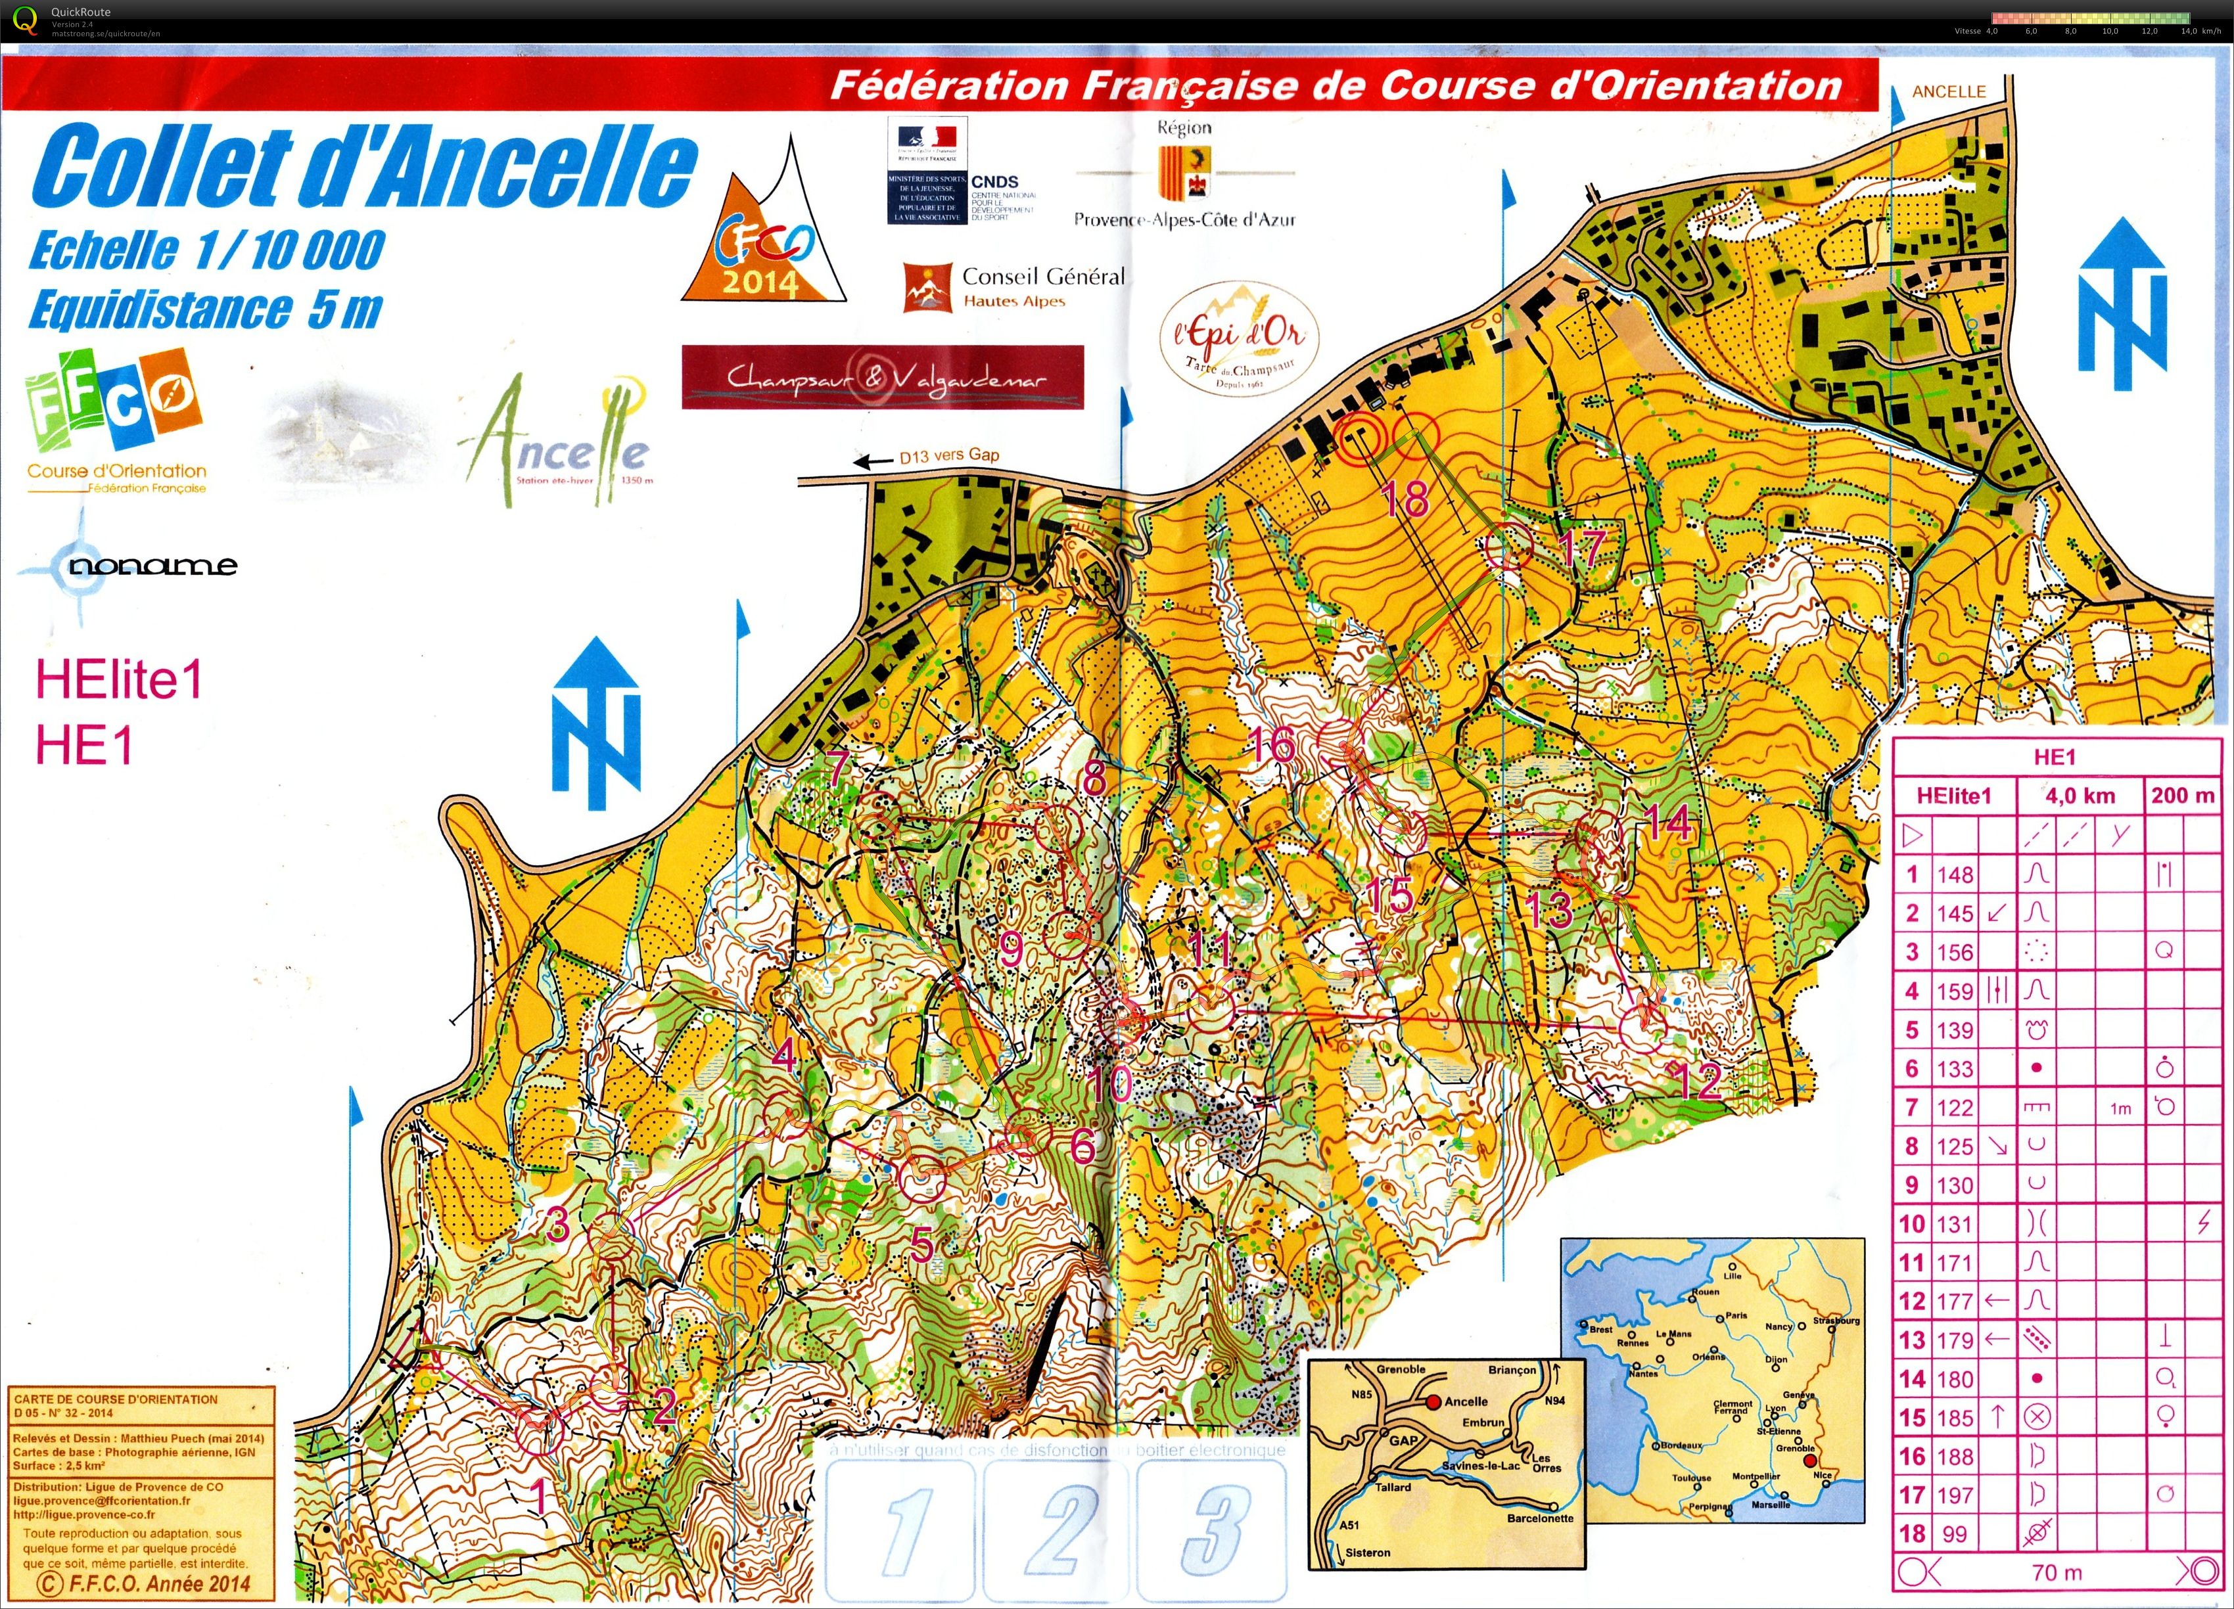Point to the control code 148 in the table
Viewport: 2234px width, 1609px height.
[1955, 874]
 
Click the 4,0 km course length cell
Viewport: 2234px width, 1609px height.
[2080, 796]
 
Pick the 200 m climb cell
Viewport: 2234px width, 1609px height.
[2183, 796]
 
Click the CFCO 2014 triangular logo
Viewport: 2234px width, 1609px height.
[763, 241]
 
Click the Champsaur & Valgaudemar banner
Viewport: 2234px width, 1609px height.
[883, 377]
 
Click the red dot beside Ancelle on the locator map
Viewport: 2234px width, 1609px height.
[1433, 1401]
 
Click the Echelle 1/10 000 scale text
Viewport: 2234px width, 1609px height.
[207, 250]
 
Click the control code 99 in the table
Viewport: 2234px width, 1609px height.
[1955, 1533]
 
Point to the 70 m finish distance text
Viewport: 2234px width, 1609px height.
[2057, 1573]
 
